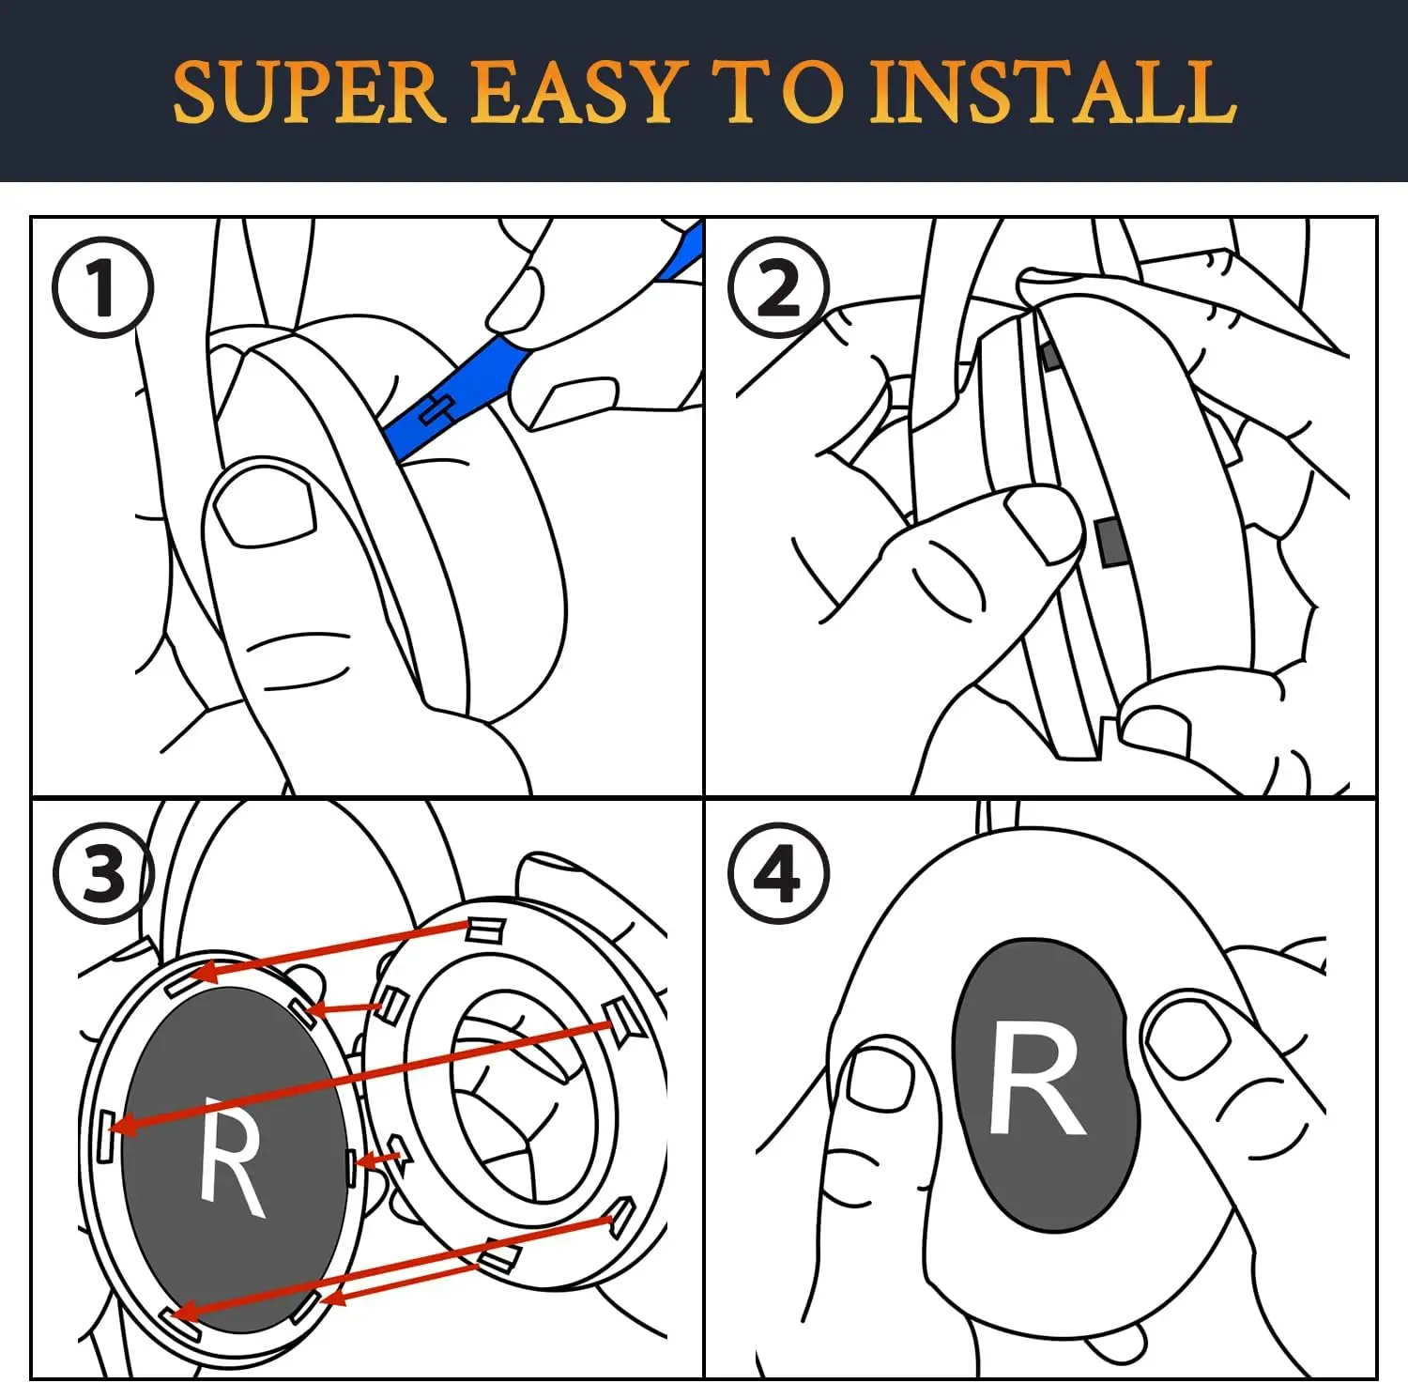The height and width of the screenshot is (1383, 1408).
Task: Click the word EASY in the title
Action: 574,92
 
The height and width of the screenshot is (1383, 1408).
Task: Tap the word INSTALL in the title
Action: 1051,92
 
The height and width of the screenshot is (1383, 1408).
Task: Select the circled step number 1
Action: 102,287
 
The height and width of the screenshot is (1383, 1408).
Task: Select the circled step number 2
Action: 779,287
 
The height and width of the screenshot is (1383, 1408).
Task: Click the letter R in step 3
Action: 230,1155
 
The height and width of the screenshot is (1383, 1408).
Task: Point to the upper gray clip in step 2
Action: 1049,355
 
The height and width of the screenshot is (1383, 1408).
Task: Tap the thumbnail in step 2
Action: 1044,524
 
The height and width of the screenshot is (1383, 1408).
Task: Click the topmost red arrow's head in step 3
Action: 205,971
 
